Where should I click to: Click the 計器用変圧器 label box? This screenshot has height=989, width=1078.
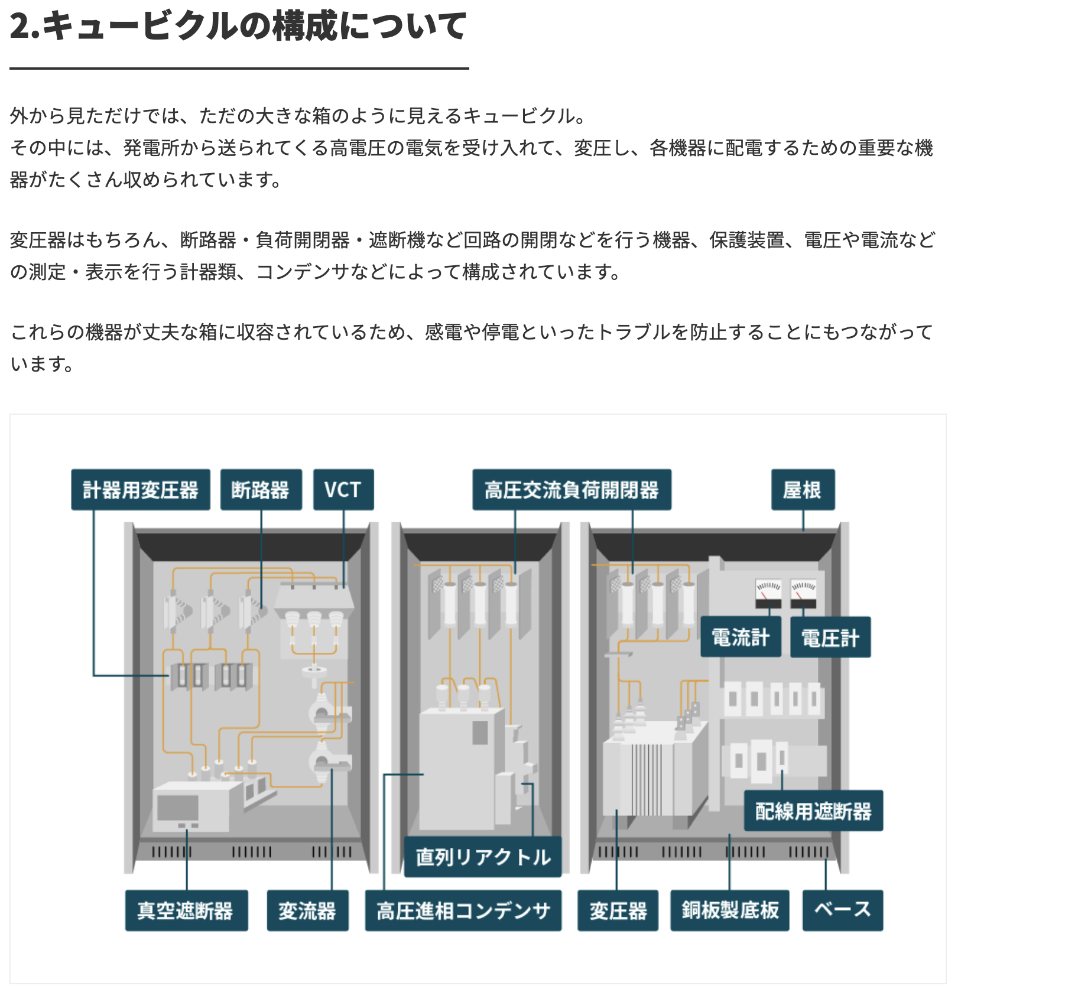[141, 490]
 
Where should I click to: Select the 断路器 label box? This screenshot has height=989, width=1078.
[261, 490]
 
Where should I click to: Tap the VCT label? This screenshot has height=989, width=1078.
[343, 490]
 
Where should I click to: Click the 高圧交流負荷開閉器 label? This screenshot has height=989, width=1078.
[572, 490]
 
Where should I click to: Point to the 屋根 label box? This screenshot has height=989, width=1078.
[803, 490]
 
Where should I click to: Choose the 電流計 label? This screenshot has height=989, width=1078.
[741, 637]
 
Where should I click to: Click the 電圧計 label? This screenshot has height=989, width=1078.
[830, 637]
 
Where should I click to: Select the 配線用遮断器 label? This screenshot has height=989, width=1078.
[813, 811]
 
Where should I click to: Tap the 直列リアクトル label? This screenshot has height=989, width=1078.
[483, 857]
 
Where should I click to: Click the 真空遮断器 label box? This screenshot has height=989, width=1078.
[186, 910]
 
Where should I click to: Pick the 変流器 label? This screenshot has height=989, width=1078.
[307, 910]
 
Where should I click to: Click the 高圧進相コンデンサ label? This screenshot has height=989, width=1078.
[463, 910]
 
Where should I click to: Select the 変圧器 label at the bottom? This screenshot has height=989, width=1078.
[618, 910]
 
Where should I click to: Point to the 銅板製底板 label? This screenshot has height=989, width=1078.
[730, 910]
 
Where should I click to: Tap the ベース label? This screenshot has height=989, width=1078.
[843, 910]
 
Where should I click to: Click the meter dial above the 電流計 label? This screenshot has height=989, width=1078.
[768, 593]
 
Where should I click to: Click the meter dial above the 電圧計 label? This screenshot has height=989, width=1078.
[804, 593]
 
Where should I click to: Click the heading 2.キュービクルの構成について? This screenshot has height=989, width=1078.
[238, 26]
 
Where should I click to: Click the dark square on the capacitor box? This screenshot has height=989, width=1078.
[480, 733]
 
